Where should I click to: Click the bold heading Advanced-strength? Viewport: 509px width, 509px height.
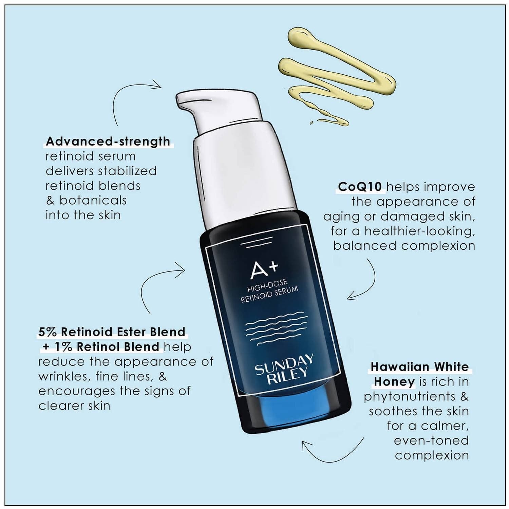108,141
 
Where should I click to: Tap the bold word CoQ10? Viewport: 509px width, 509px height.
360,187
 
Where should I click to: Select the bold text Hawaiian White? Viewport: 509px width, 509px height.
419,367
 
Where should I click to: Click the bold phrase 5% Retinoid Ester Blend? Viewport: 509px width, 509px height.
112,332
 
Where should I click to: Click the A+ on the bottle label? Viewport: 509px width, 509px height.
264,268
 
